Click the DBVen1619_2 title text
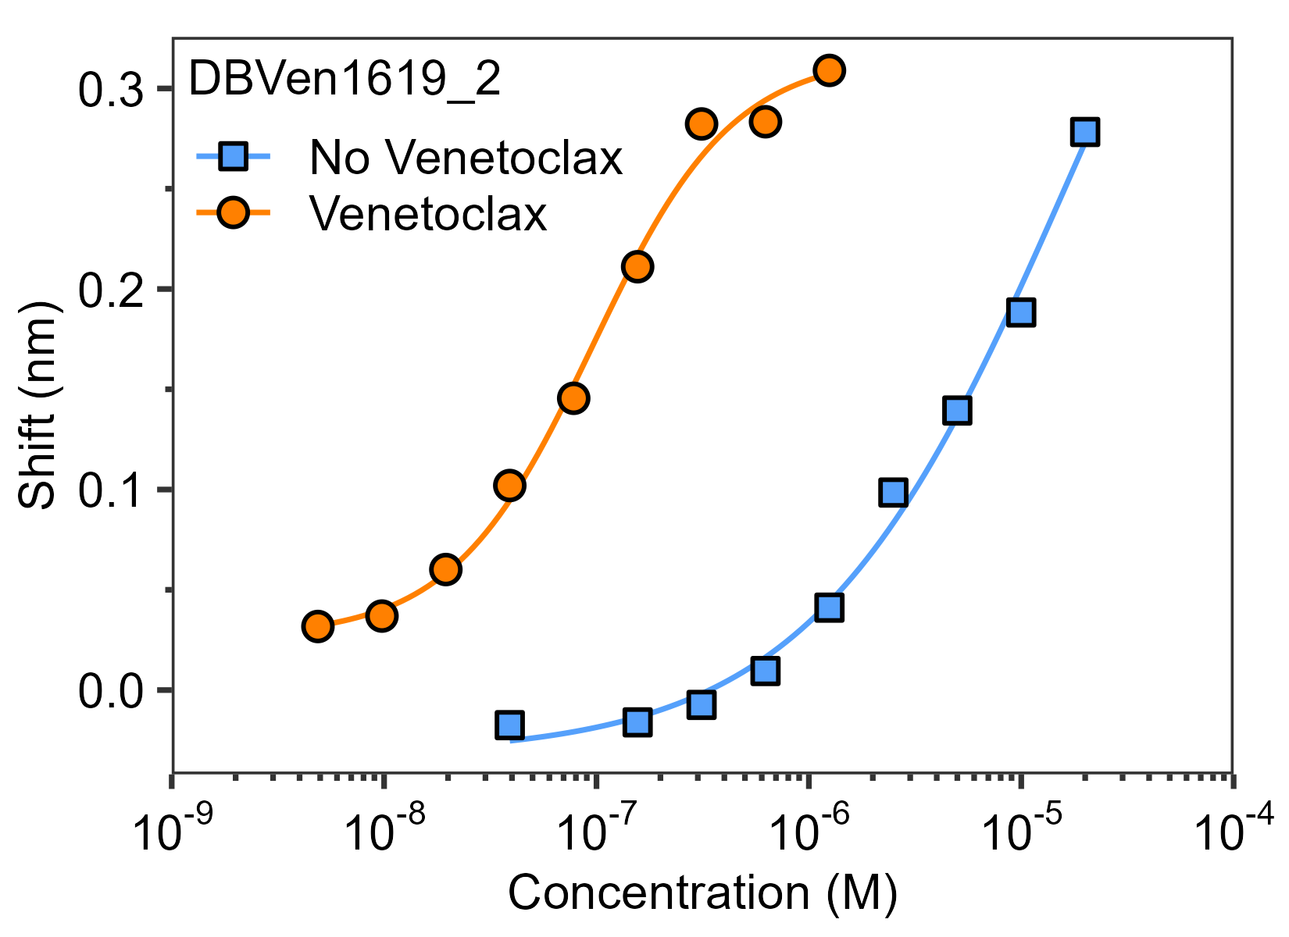(x=345, y=80)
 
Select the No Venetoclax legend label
(x=466, y=158)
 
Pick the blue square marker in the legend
(x=234, y=158)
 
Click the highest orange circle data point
(x=829, y=70)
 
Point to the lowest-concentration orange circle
(x=317, y=625)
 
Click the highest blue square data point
(x=1085, y=131)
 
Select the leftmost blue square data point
(x=509, y=725)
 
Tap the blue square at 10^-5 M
(x=1021, y=312)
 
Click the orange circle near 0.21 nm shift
(x=637, y=267)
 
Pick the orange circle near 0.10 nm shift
(x=509, y=486)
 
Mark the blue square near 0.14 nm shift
(x=957, y=410)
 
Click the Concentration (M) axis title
(x=702, y=892)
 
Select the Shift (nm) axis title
(x=37, y=405)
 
